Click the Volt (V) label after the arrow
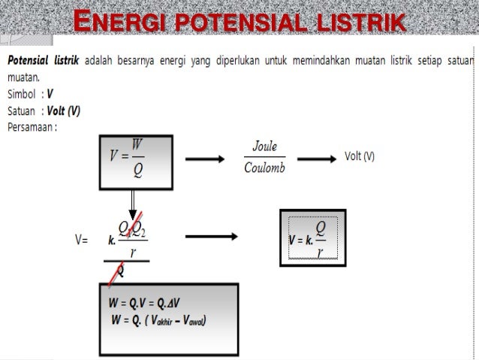[360, 156]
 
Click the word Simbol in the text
[23, 94]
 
